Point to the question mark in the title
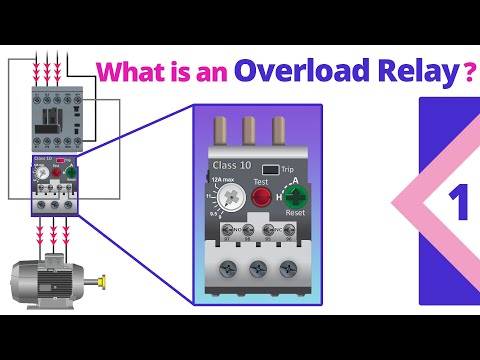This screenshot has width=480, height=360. [468, 72]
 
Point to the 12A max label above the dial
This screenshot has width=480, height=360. [224, 178]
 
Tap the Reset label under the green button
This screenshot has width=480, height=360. [296, 213]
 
